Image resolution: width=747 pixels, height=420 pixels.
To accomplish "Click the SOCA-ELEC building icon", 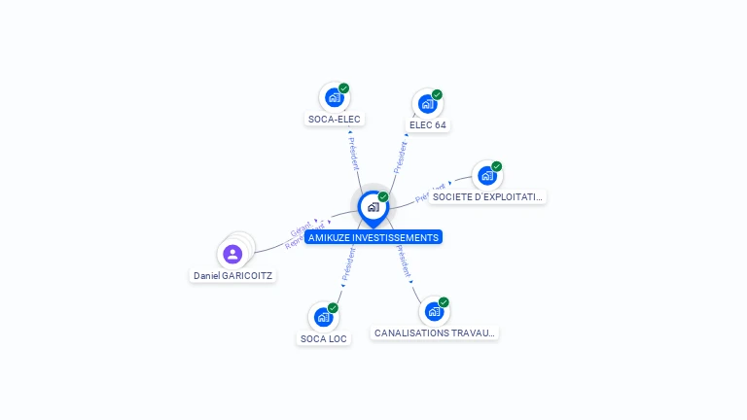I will tap(334, 97).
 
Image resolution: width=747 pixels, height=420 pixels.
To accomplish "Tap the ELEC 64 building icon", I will tap(427, 103).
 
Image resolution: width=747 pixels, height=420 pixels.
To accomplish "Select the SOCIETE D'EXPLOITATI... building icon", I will tap(486, 176).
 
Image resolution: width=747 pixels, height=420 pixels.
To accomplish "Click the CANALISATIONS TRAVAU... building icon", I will tap(434, 311).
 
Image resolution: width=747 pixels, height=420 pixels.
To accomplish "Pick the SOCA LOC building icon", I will tap(323, 317).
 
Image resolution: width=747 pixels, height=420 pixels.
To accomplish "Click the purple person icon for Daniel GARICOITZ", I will tap(232, 255).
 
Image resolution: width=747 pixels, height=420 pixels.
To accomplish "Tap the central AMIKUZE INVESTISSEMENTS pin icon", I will tap(373, 207).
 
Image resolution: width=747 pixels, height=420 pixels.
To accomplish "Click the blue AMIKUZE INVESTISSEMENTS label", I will tap(373, 237).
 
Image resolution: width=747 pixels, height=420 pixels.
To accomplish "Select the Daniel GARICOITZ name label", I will tap(233, 276).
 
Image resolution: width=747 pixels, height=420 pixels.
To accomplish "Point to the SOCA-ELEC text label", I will tap(334, 120).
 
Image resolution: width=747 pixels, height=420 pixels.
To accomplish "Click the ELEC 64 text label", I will tap(428, 125).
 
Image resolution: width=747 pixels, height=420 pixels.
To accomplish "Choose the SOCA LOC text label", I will tap(323, 339).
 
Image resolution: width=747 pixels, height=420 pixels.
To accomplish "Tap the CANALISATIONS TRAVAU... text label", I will tap(435, 333).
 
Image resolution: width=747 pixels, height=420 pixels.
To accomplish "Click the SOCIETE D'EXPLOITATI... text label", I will tap(487, 197).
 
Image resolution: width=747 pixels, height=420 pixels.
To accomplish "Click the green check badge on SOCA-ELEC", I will tap(344, 88).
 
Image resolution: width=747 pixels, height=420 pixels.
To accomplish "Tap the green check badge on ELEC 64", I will tap(438, 94).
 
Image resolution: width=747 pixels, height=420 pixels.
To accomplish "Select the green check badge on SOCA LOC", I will tap(334, 307).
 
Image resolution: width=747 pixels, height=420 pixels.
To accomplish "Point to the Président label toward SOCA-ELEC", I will tap(353, 152).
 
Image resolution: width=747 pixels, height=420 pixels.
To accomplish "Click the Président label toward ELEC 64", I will tap(400, 157).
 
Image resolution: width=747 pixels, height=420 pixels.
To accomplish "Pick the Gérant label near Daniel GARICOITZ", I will tap(301, 230).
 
